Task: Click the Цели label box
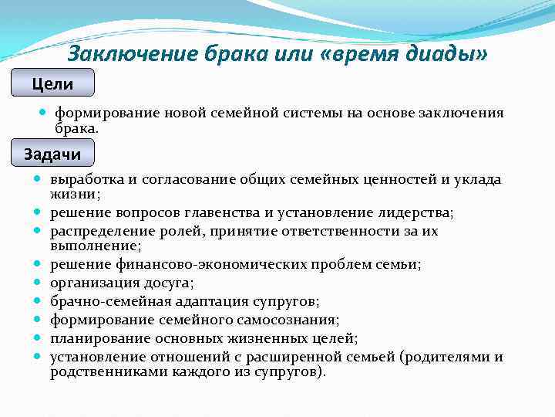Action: point(52,83)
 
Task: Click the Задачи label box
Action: point(52,154)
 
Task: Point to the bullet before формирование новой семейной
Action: point(43,113)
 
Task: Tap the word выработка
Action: point(87,179)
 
